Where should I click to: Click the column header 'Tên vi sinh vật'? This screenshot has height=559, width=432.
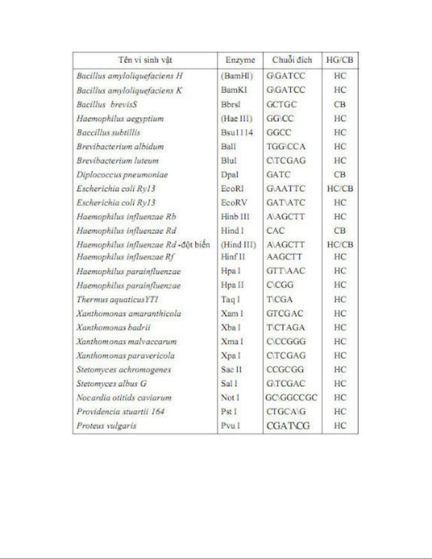[x=145, y=60]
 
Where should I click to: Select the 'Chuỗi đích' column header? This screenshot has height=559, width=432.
[x=292, y=60]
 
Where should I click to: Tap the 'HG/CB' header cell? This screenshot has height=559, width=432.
[x=340, y=60]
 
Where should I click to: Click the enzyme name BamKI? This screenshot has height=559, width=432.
[x=234, y=90]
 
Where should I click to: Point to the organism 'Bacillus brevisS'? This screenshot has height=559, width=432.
[x=107, y=104]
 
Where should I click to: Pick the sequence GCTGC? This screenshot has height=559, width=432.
[x=282, y=104]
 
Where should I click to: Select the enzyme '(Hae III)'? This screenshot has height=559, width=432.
[x=237, y=119]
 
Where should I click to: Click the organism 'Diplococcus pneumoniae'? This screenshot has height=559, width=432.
[x=122, y=175]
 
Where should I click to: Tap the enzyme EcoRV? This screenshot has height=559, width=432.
[x=234, y=203]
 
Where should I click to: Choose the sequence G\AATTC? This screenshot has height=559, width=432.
[x=286, y=189]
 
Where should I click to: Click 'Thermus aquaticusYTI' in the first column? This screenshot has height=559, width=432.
[x=117, y=299]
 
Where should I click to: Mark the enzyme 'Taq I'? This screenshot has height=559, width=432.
[x=230, y=299]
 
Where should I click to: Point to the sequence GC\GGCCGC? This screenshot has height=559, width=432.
[x=291, y=397]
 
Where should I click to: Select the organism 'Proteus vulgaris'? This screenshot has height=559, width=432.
[x=106, y=426]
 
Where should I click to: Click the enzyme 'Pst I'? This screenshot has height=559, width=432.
[x=229, y=412]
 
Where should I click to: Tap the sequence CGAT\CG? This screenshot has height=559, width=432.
[x=288, y=426]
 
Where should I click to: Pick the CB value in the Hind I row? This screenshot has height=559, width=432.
[x=340, y=231]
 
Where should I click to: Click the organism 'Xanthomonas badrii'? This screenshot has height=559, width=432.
[x=113, y=327]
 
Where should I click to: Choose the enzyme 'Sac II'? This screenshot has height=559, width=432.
[x=231, y=370]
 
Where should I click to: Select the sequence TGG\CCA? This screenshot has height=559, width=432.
[x=286, y=146]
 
